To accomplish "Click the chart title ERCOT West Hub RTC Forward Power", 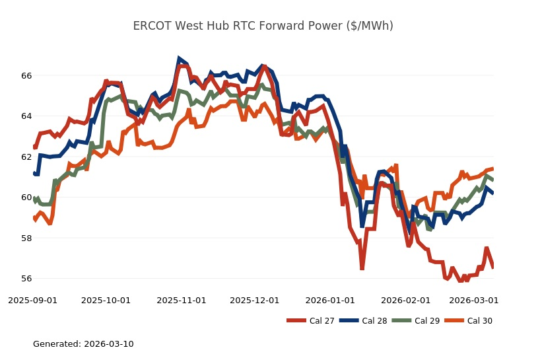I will coord(263,26).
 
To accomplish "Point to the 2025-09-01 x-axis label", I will coord(33,300).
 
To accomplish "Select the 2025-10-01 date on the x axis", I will coord(106,300).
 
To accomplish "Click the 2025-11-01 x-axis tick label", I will coord(182,300).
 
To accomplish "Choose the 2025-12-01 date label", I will coord(255,300).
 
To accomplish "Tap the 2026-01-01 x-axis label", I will coord(330,300).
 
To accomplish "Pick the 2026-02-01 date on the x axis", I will coord(405,300).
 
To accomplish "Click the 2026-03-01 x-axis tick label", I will coord(473,300).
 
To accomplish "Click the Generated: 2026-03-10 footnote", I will coord(83,344).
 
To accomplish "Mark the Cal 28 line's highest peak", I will coord(179,59).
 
